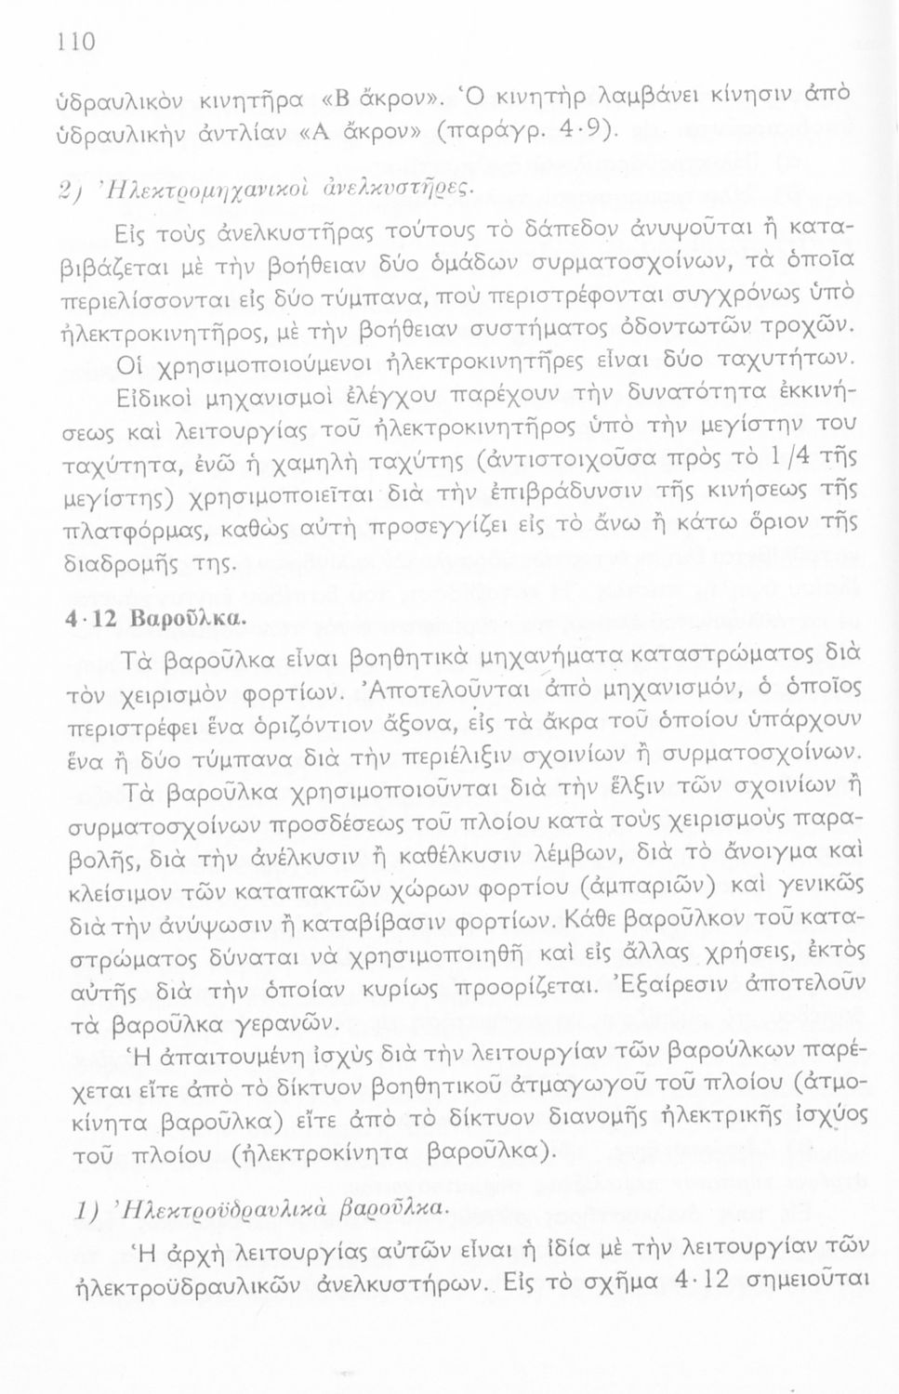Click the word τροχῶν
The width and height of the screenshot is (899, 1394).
tap(780, 325)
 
